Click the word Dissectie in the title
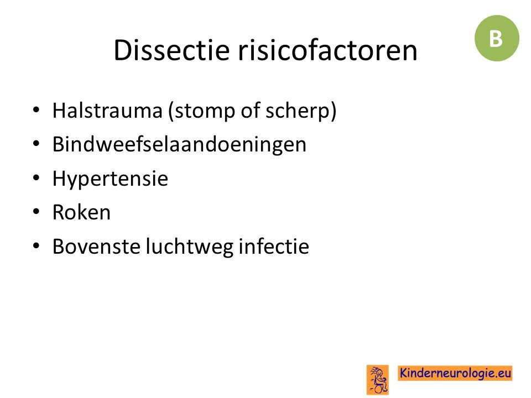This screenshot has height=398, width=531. click(171, 50)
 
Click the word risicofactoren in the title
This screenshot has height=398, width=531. click(328, 50)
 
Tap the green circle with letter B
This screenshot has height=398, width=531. click(497, 38)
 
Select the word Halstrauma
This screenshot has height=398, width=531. click(107, 111)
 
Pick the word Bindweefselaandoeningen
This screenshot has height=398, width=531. click(179, 145)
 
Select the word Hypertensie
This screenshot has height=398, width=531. click(111, 179)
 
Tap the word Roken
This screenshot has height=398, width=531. click(82, 212)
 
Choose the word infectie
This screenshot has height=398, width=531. click(274, 246)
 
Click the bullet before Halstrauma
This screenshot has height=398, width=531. click(37, 111)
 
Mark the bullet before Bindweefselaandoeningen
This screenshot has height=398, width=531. click(37, 144)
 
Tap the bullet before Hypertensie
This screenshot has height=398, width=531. click(37, 178)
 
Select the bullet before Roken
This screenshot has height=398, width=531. click(37, 212)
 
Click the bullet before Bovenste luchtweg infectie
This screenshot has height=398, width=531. click(37, 246)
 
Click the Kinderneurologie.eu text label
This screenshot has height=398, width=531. click(455, 373)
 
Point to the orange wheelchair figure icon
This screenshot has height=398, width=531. click(378, 380)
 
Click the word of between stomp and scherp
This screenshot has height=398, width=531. click(250, 111)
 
